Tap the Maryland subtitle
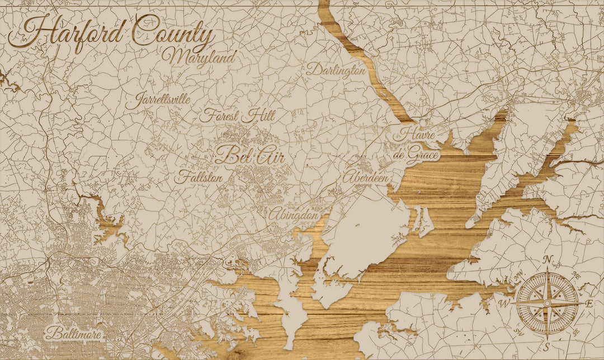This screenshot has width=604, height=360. pos(200,57)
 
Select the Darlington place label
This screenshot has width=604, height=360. pos(336,70)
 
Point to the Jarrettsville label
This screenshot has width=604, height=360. pos(157,101)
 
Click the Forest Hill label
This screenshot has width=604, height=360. pos(237,116)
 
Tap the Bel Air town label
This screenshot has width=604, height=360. pos(249,155)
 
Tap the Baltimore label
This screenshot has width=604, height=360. pos(74,334)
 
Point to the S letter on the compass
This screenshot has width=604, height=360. pos(548,345)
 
